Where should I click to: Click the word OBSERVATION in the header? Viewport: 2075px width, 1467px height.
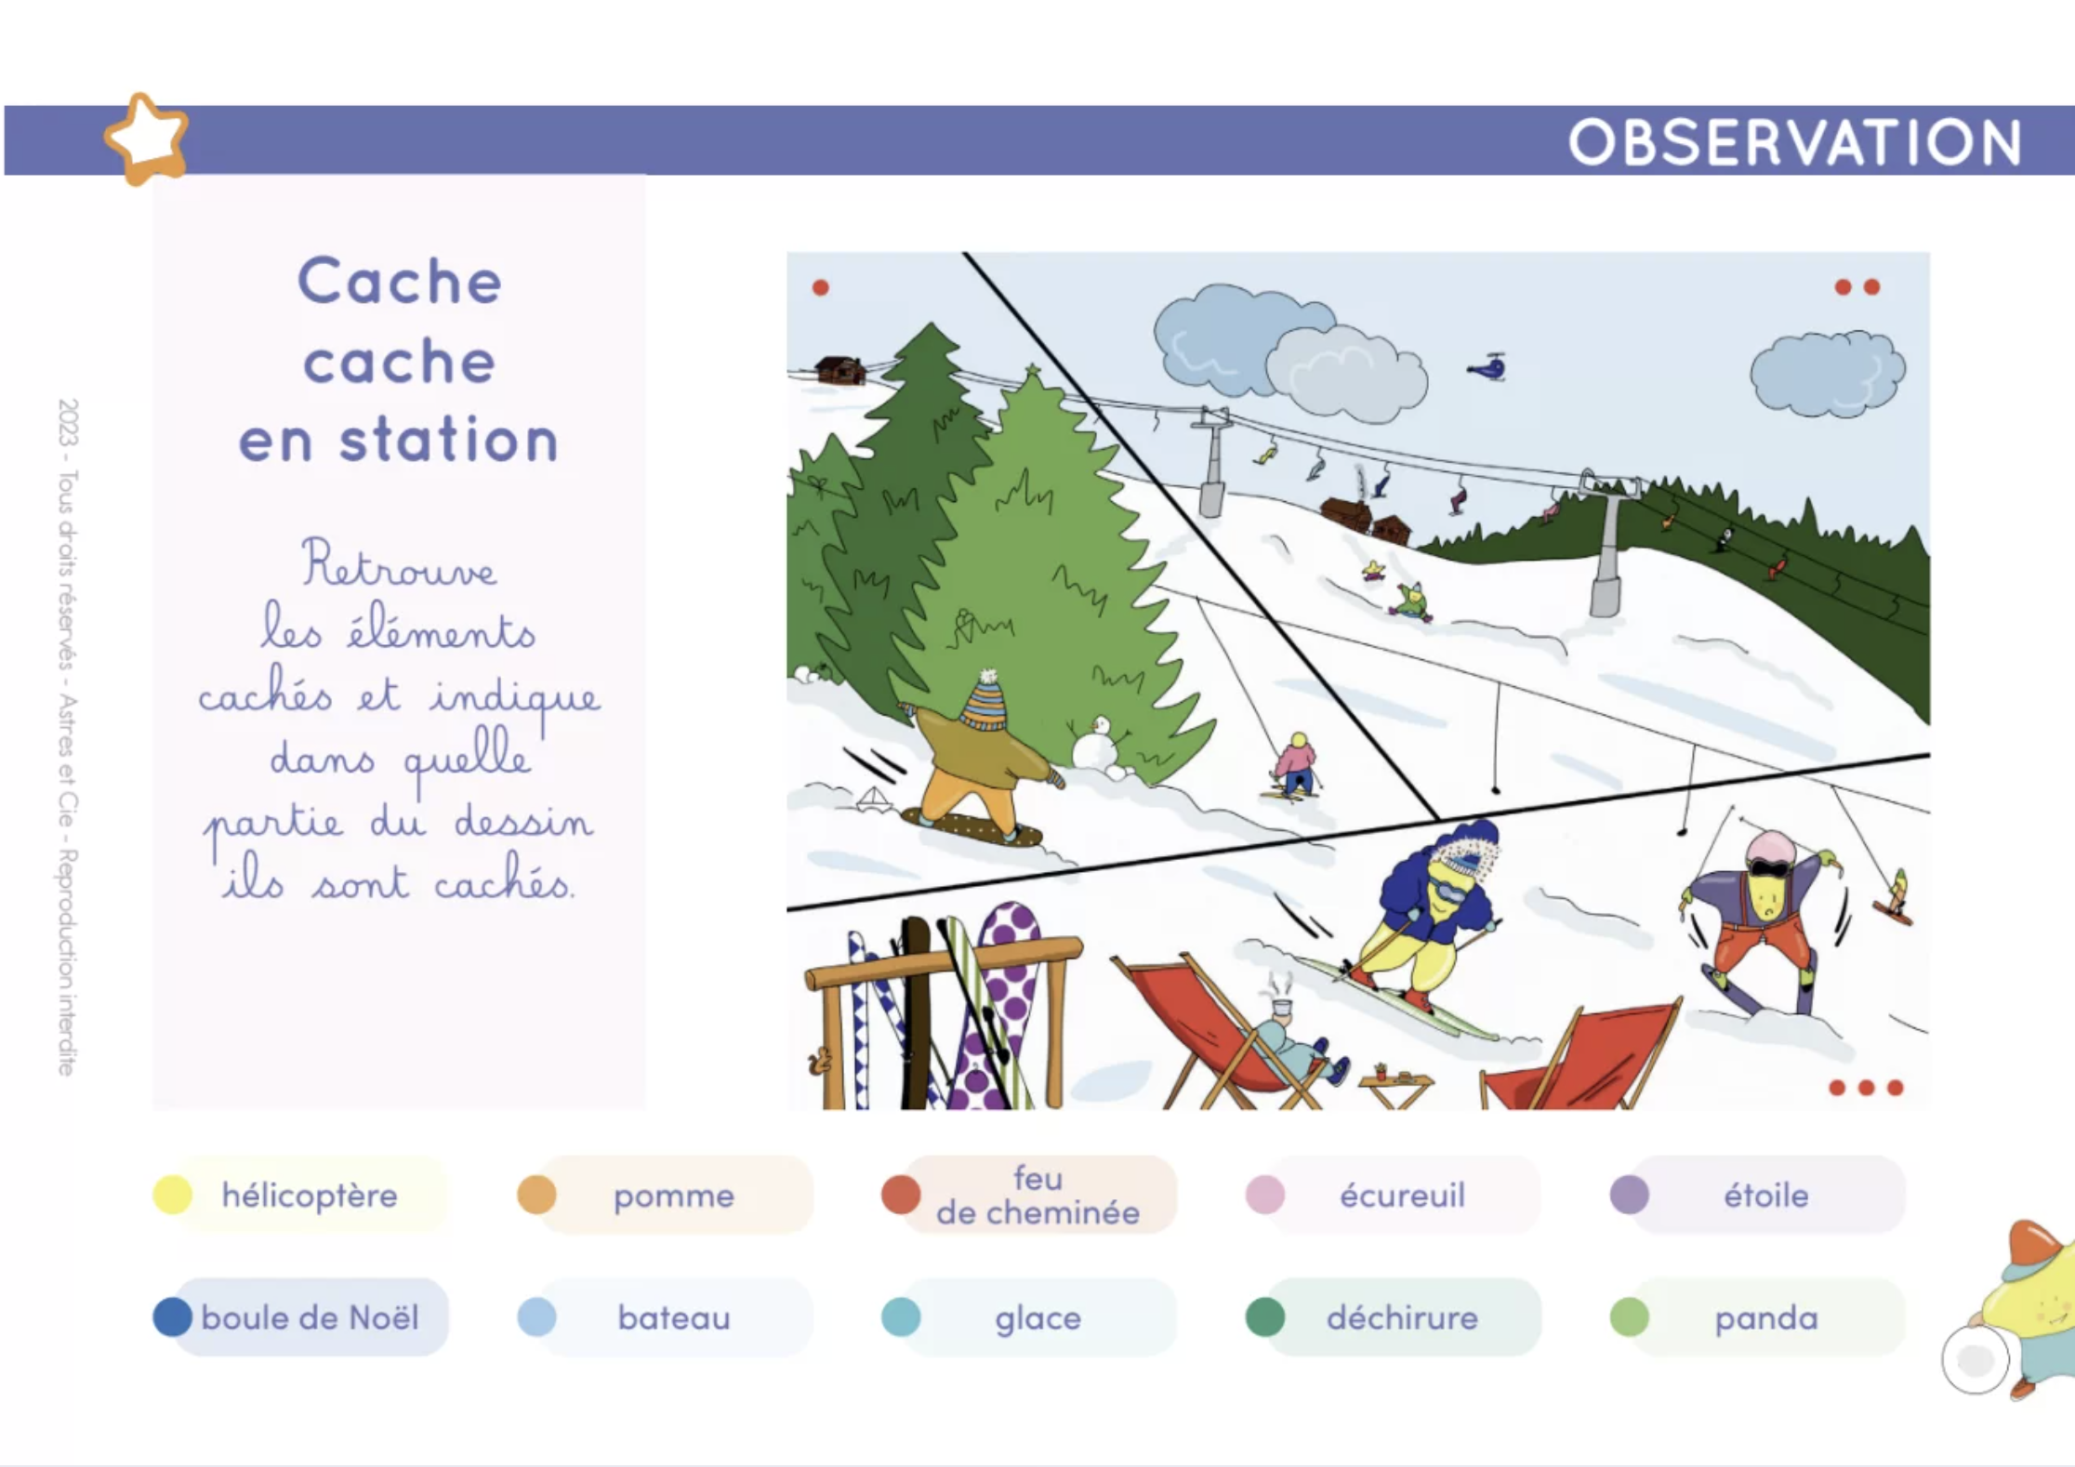(x=1794, y=142)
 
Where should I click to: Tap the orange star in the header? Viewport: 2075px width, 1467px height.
(x=146, y=139)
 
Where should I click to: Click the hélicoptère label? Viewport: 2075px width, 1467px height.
(x=310, y=1196)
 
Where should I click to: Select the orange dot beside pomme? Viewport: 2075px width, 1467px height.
(x=536, y=1195)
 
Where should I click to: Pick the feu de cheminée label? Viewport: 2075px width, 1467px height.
(x=1037, y=1196)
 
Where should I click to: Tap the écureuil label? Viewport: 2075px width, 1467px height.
(x=1402, y=1196)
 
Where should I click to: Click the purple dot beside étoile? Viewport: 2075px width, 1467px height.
(x=1629, y=1195)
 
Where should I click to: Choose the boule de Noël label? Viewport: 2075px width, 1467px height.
(x=310, y=1317)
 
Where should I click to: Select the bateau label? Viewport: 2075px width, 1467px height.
(x=674, y=1317)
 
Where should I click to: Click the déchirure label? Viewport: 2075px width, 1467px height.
(x=1402, y=1317)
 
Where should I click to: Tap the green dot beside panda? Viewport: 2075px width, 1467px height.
(x=1629, y=1316)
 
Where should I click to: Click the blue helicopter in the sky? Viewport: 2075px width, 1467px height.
(x=1488, y=367)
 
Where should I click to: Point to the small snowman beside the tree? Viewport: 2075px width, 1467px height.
(x=1097, y=743)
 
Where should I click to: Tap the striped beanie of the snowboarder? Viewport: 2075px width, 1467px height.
(x=985, y=701)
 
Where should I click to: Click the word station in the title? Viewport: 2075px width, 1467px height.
(x=449, y=440)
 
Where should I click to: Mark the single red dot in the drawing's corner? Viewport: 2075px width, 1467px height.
(x=820, y=287)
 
